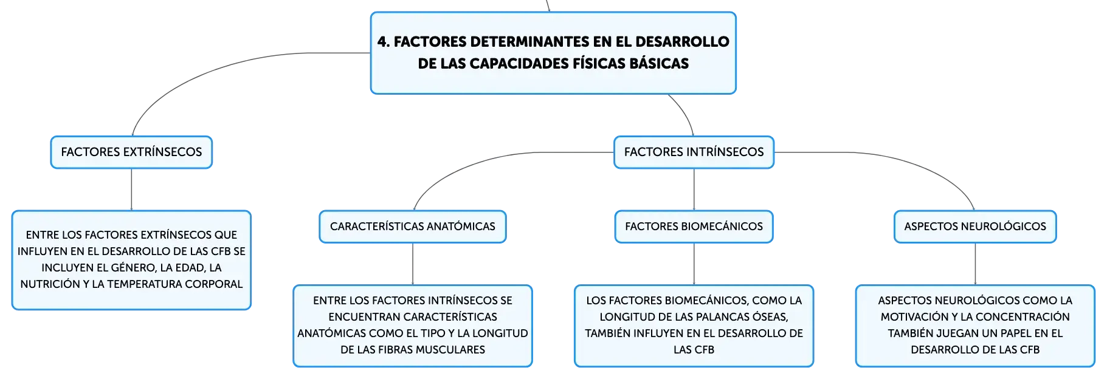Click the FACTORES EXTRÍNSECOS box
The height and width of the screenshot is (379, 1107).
(x=131, y=152)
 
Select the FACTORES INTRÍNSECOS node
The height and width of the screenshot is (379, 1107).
(x=694, y=152)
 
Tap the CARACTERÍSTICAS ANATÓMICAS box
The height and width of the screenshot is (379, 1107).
(x=413, y=227)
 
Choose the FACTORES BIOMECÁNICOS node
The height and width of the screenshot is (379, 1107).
(x=694, y=227)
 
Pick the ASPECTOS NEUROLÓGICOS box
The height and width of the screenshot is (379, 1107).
(x=975, y=227)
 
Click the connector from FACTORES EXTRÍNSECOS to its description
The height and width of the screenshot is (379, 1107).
(x=131, y=189)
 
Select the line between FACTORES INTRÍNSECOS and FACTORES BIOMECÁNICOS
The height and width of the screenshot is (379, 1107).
(x=694, y=189)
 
